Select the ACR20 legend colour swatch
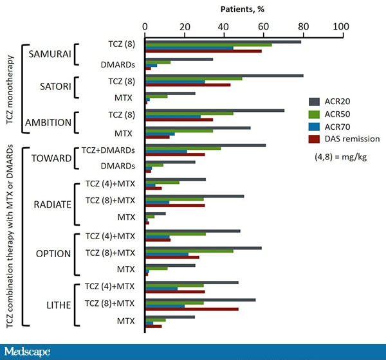click(315, 101)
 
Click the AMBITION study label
click(49, 123)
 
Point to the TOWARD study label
click(50, 158)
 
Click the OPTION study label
click(53, 254)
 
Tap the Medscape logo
click(27, 352)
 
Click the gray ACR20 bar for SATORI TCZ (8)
click(225, 75)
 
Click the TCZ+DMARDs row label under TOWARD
click(108, 150)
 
